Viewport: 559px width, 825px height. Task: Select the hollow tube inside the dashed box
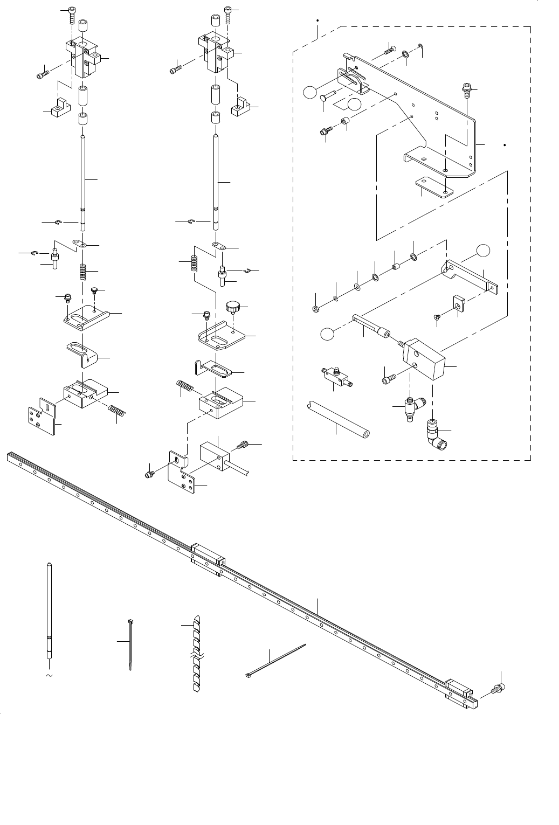coord(337,418)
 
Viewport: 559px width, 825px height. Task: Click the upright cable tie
coord(130,644)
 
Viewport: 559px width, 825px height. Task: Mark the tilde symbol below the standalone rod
coord(49,675)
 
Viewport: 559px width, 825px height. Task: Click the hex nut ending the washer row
coord(315,309)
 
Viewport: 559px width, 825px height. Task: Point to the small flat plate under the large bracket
coord(434,189)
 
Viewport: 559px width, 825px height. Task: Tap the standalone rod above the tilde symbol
coord(49,609)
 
